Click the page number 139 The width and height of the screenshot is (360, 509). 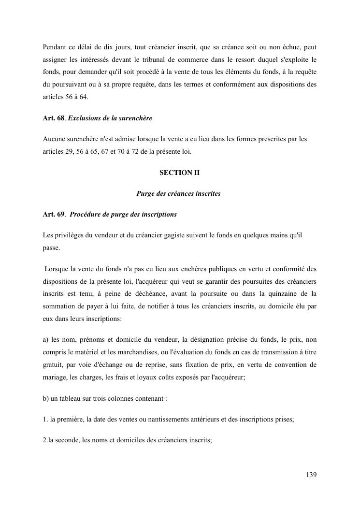(311, 475)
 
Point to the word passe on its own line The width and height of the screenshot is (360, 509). (51, 247)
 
